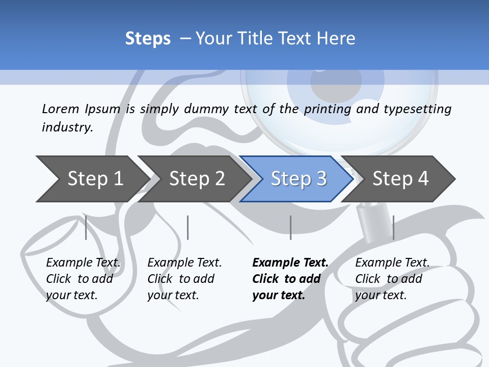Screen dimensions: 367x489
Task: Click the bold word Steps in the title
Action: [x=148, y=39]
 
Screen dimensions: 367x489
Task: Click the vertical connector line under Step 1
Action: [x=86, y=227]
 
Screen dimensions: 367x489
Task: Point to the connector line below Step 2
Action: [x=188, y=227]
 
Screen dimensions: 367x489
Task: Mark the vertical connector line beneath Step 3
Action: [x=290, y=227]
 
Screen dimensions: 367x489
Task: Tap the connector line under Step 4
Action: [x=393, y=227]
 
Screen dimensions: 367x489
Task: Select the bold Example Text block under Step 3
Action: [x=290, y=279]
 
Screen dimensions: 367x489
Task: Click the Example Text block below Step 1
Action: [x=83, y=279]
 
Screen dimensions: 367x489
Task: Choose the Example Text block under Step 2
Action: [x=184, y=279]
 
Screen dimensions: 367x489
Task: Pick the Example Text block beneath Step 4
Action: [x=392, y=279]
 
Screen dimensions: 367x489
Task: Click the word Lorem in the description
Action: [x=61, y=109]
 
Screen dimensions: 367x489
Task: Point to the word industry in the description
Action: [x=67, y=127]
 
